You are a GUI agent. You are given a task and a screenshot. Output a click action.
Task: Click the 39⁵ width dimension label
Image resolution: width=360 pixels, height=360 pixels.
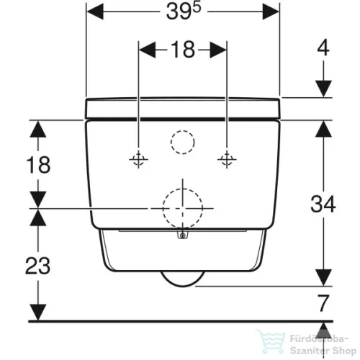pyautogui.click(x=183, y=12)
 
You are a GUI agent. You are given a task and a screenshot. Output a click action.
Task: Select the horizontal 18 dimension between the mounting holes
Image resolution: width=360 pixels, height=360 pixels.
pyautogui.click(x=183, y=50)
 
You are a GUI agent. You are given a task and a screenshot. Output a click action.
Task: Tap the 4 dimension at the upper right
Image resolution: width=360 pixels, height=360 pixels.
pyautogui.click(x=323, y=48)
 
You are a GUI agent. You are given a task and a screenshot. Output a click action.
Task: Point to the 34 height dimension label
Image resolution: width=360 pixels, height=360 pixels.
pyautogui.click(x=323, y=204)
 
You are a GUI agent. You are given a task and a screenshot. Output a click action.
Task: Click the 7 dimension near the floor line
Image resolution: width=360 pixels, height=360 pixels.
pyautogui.click(x=323, y=303)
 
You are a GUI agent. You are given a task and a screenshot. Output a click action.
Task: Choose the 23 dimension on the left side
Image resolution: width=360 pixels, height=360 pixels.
pyautogui.click(x=38, y=266)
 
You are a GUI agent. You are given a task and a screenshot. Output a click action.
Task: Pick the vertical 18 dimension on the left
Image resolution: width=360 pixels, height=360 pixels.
pyautogui.click(x=38, y=165)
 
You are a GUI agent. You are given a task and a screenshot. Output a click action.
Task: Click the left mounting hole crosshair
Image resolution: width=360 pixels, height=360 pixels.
pyautogui.click(x=138, y=159)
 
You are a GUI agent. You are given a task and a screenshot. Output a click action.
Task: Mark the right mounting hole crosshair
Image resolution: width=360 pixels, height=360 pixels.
pyautogui.click(x=227, y=159)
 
